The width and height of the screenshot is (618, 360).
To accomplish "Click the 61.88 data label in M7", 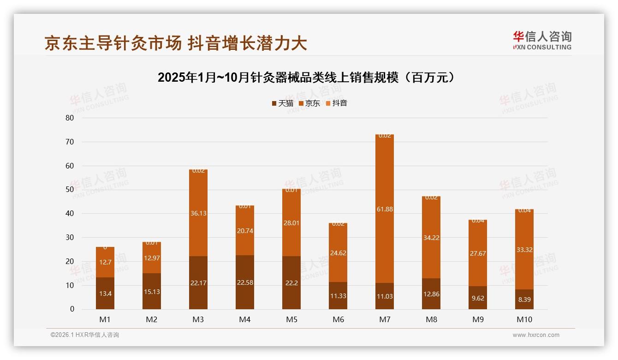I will (x=384, y=210).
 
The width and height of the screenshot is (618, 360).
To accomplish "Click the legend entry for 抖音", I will (x=337, y=103).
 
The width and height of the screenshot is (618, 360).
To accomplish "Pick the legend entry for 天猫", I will (x=283, y=103).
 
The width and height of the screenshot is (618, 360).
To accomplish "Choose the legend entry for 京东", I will (x=309, y=103).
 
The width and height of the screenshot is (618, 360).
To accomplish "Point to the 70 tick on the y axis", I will (x=70, y=142).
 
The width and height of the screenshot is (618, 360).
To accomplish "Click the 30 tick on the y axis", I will (x=70, y=237).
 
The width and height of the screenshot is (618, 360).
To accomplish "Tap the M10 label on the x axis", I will (x=524, y=319).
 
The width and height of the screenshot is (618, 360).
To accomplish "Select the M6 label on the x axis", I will (x=338, y=319).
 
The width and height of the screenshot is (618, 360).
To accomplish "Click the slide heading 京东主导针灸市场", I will (x=176, y=43).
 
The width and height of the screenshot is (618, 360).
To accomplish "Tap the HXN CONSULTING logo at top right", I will (x=542, y=40).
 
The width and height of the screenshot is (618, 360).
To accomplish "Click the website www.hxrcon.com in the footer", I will (x=536, y=335).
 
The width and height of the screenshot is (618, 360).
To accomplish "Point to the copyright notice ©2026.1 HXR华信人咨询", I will (x=85, y=335).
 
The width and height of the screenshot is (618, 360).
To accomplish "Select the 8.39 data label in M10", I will (x=524, y=299).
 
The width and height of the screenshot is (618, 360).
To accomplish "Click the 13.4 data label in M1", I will (x=105, y=293).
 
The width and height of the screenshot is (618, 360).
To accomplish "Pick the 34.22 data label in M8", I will (x=431, y=238).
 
